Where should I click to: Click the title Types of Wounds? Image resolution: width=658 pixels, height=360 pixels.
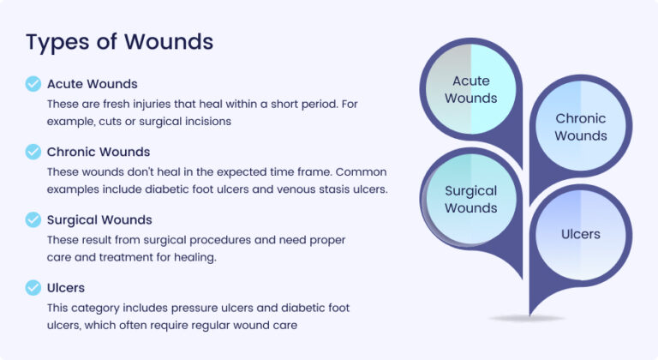119,41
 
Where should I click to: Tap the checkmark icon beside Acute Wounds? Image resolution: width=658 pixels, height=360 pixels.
33,84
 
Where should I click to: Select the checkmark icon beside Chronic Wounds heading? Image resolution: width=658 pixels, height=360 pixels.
33,152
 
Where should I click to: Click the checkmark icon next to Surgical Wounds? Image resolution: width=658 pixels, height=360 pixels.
33,219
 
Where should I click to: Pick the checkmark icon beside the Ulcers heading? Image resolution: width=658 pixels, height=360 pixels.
33,287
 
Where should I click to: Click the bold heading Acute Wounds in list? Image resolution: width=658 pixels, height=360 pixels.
92,84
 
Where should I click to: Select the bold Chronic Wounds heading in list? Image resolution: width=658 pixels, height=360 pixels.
99,152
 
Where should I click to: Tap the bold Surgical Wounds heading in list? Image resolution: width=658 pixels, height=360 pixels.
99,219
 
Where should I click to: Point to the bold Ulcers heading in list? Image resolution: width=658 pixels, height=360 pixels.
66,287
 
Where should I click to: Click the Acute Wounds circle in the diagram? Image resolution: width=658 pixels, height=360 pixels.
470,90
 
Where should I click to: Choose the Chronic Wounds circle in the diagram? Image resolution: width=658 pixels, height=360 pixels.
580,127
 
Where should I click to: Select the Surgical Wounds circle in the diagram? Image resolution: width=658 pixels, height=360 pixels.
470,200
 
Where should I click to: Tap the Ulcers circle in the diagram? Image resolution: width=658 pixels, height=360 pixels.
580,234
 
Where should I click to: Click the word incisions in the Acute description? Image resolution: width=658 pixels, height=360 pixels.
206,122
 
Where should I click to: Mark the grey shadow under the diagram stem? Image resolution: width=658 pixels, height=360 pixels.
528,319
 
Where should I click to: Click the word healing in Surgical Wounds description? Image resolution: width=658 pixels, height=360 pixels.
232,257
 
